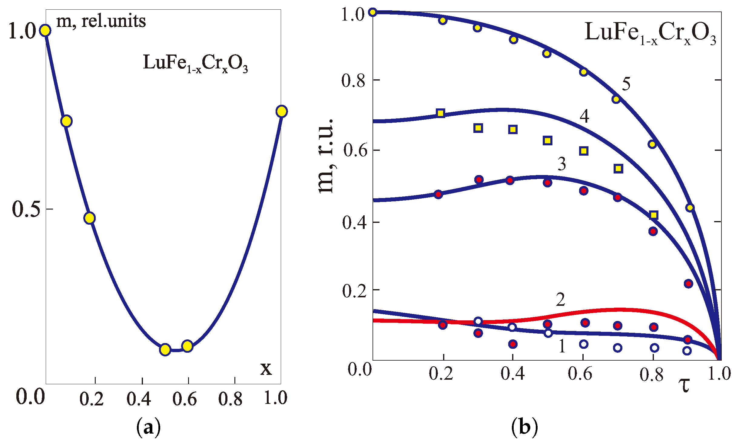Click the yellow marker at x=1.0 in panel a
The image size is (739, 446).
(281, 111)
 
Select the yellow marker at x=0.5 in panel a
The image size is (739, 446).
(165, 350)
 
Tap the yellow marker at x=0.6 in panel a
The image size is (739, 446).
(187, 346)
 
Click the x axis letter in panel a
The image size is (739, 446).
(266, 368)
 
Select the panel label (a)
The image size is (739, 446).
(148, 427)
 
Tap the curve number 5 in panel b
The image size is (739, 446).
(626, 84)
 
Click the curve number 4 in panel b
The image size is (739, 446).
(585, 116)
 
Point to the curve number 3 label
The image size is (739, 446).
(562, 164)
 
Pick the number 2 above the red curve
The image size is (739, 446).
(560, 300)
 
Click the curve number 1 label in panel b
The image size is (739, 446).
(562, 346)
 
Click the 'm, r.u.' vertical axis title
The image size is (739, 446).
(326, 156)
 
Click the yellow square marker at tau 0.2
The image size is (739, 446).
(441, 113)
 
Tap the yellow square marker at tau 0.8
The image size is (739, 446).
(654, 215)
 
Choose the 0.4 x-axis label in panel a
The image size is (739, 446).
(138, 399)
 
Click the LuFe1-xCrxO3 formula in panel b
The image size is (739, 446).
(650, 33)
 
